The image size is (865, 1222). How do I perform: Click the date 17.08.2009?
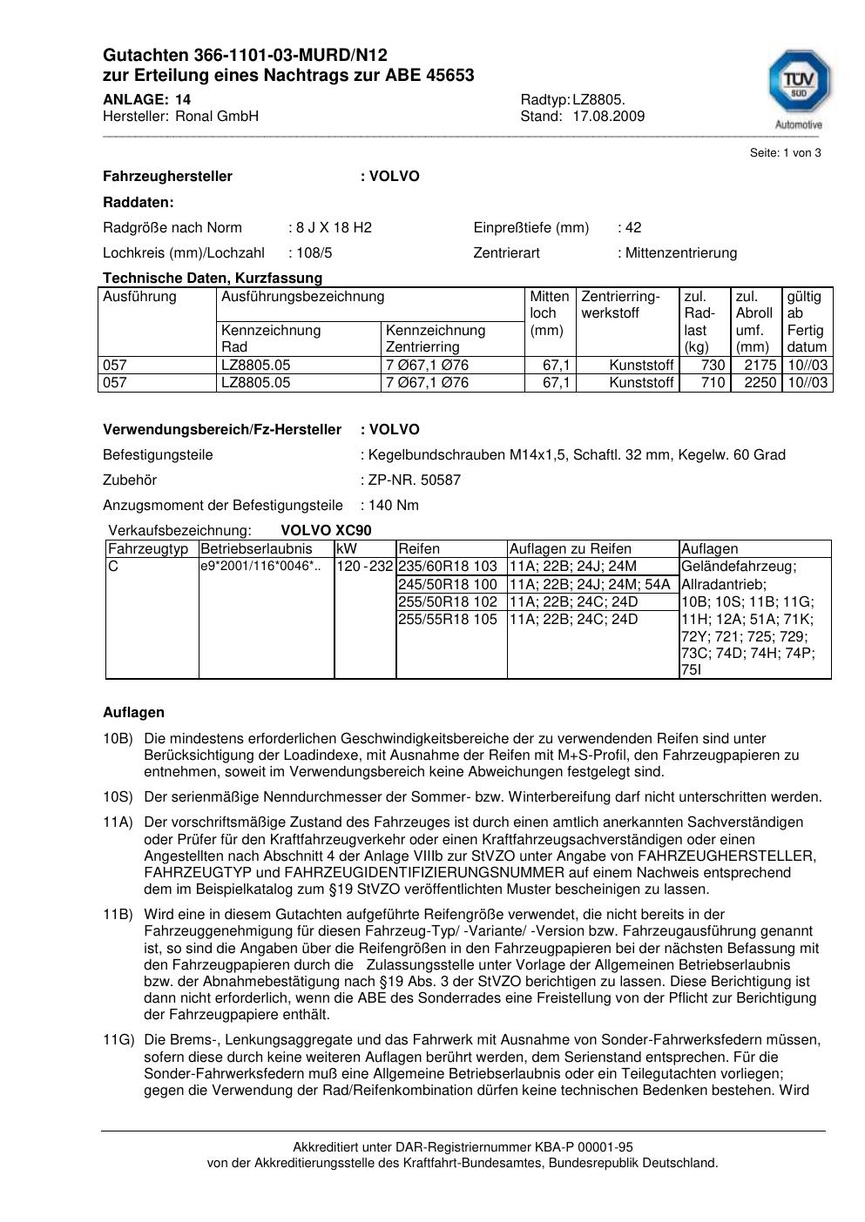(x=608, y=117)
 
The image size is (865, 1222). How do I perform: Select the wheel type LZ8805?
(x=598, y=100)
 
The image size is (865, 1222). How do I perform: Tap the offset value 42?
(x=632, y=228)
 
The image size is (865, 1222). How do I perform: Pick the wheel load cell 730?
(x=713, y=366)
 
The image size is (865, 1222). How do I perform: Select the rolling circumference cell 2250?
(x=760, y=383)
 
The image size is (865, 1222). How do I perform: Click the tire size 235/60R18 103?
(x=448, y=567)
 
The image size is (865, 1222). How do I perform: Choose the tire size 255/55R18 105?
(x=448, y=620)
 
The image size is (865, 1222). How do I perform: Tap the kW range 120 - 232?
(x=365, y=567)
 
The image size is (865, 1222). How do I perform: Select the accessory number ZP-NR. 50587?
(x=414, y=480)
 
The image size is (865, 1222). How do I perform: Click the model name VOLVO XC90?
(x=326, y=531)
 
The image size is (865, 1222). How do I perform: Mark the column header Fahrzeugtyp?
(x=148, y=549)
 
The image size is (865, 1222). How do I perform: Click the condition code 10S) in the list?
(x=118, y=797)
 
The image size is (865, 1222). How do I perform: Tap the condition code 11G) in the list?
(x=118, y=1040)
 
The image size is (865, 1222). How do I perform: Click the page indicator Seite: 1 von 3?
(x=785, y=153)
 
